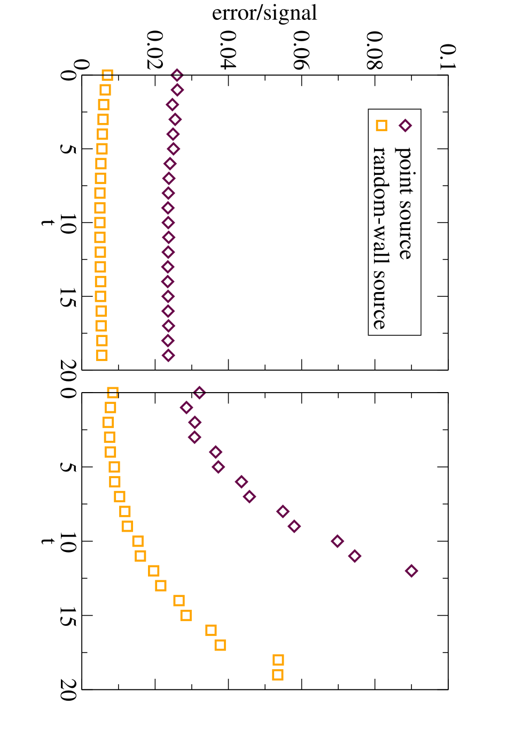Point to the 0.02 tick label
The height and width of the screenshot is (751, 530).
(155, 50)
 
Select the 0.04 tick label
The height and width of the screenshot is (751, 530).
(228, 50)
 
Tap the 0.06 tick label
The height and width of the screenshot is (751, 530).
(301, 50)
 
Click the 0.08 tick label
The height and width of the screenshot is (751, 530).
(375, 50)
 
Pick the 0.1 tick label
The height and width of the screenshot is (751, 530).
(448, 57)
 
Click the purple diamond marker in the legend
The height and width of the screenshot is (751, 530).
(405, 126)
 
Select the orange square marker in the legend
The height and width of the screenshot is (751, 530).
(381, 126)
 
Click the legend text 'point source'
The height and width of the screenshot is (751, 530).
(404, 203)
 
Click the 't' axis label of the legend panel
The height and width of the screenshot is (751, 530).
(47, 223)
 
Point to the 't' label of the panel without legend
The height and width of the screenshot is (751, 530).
(47, 541)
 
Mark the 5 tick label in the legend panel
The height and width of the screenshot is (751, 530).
(68, 149)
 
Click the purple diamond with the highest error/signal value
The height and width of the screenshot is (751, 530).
(411, 571)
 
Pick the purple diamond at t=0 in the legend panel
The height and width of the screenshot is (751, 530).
(177, 75)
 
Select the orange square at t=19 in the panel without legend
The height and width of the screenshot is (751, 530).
(278, 674)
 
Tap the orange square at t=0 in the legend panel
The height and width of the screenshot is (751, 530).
(107, 75)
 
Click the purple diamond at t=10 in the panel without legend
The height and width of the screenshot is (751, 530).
(337, 541)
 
